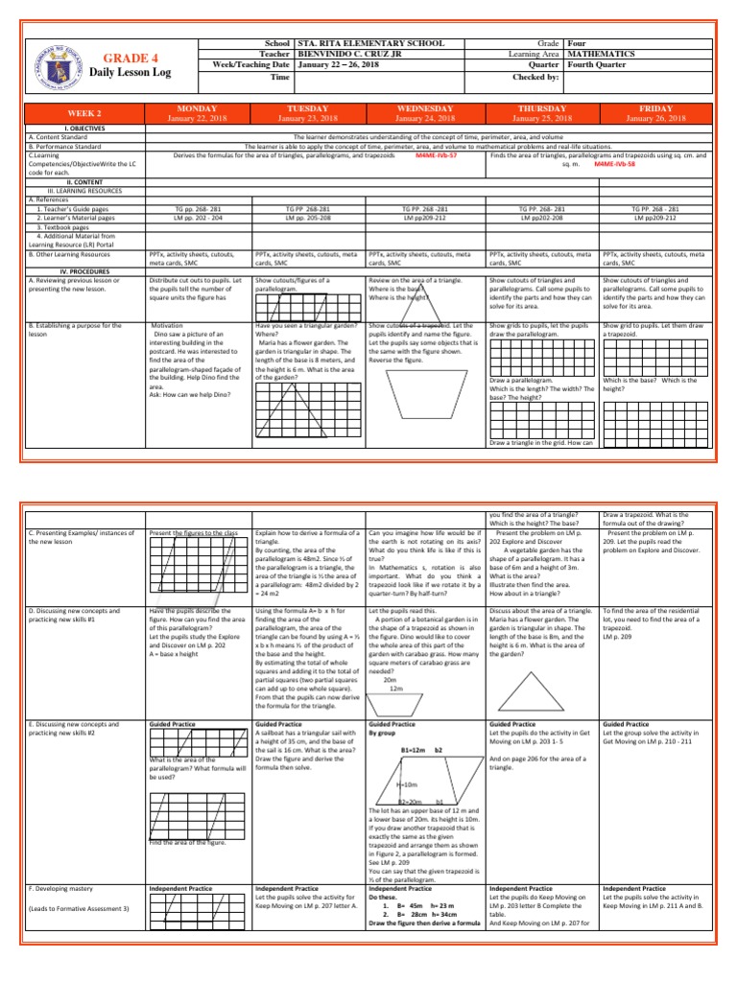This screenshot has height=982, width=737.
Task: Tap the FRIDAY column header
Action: pyautogui.click(x=656, y=109)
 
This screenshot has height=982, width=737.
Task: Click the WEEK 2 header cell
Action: pyautogui.click(x=85, y=114)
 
